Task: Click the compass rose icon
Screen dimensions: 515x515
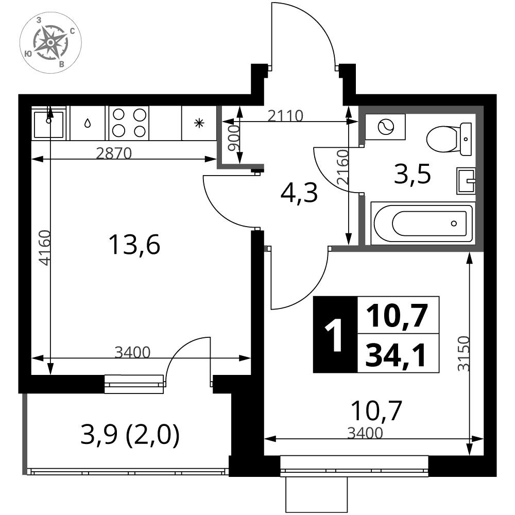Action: [50, 42]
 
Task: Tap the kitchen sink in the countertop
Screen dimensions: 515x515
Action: [48, 124]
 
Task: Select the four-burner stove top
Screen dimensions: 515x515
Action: [129, 123]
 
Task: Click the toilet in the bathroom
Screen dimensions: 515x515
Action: [449, 139]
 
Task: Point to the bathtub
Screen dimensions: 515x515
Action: [423, 224]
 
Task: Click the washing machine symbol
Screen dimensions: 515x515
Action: [385, 127]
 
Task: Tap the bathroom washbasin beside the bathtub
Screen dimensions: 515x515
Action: [466, 181]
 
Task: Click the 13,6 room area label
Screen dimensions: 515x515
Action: [134, 245]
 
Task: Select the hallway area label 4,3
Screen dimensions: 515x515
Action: [299, 193]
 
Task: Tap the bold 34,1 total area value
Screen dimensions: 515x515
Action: [396, 355]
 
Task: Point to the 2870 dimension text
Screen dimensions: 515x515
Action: [114, 153]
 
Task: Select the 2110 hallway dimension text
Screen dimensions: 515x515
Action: [285, 116]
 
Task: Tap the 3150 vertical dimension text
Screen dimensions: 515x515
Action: [464, 353]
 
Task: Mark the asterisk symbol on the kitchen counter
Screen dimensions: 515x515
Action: [199, 124]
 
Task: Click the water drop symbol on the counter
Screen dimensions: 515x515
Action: [88, 123]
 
